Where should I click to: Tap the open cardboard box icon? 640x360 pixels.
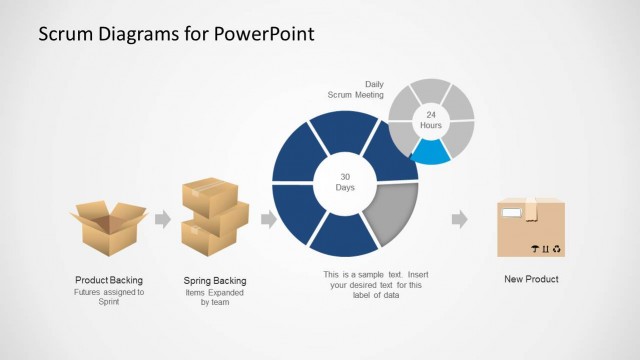coord(109,226)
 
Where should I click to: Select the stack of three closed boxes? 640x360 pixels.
coord(214,217)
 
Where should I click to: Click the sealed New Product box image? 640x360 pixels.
coord(531,227)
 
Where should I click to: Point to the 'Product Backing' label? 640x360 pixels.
coord(109,280)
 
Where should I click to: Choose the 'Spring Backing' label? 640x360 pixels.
coord(215,281)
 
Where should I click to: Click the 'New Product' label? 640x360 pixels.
coord(531,279)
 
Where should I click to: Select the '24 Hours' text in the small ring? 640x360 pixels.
coord(431,119)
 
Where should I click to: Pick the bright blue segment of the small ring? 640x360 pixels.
coord(431,151)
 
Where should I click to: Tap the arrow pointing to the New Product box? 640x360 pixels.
coord(459,219)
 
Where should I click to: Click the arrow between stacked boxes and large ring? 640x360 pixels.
coord(268,219)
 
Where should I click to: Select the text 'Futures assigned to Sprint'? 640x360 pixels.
coord(109,297)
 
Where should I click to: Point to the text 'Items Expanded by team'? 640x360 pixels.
coord(215,297)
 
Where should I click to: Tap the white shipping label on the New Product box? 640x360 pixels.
coord(511,213)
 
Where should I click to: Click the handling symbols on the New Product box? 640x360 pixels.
coord(546,249)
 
